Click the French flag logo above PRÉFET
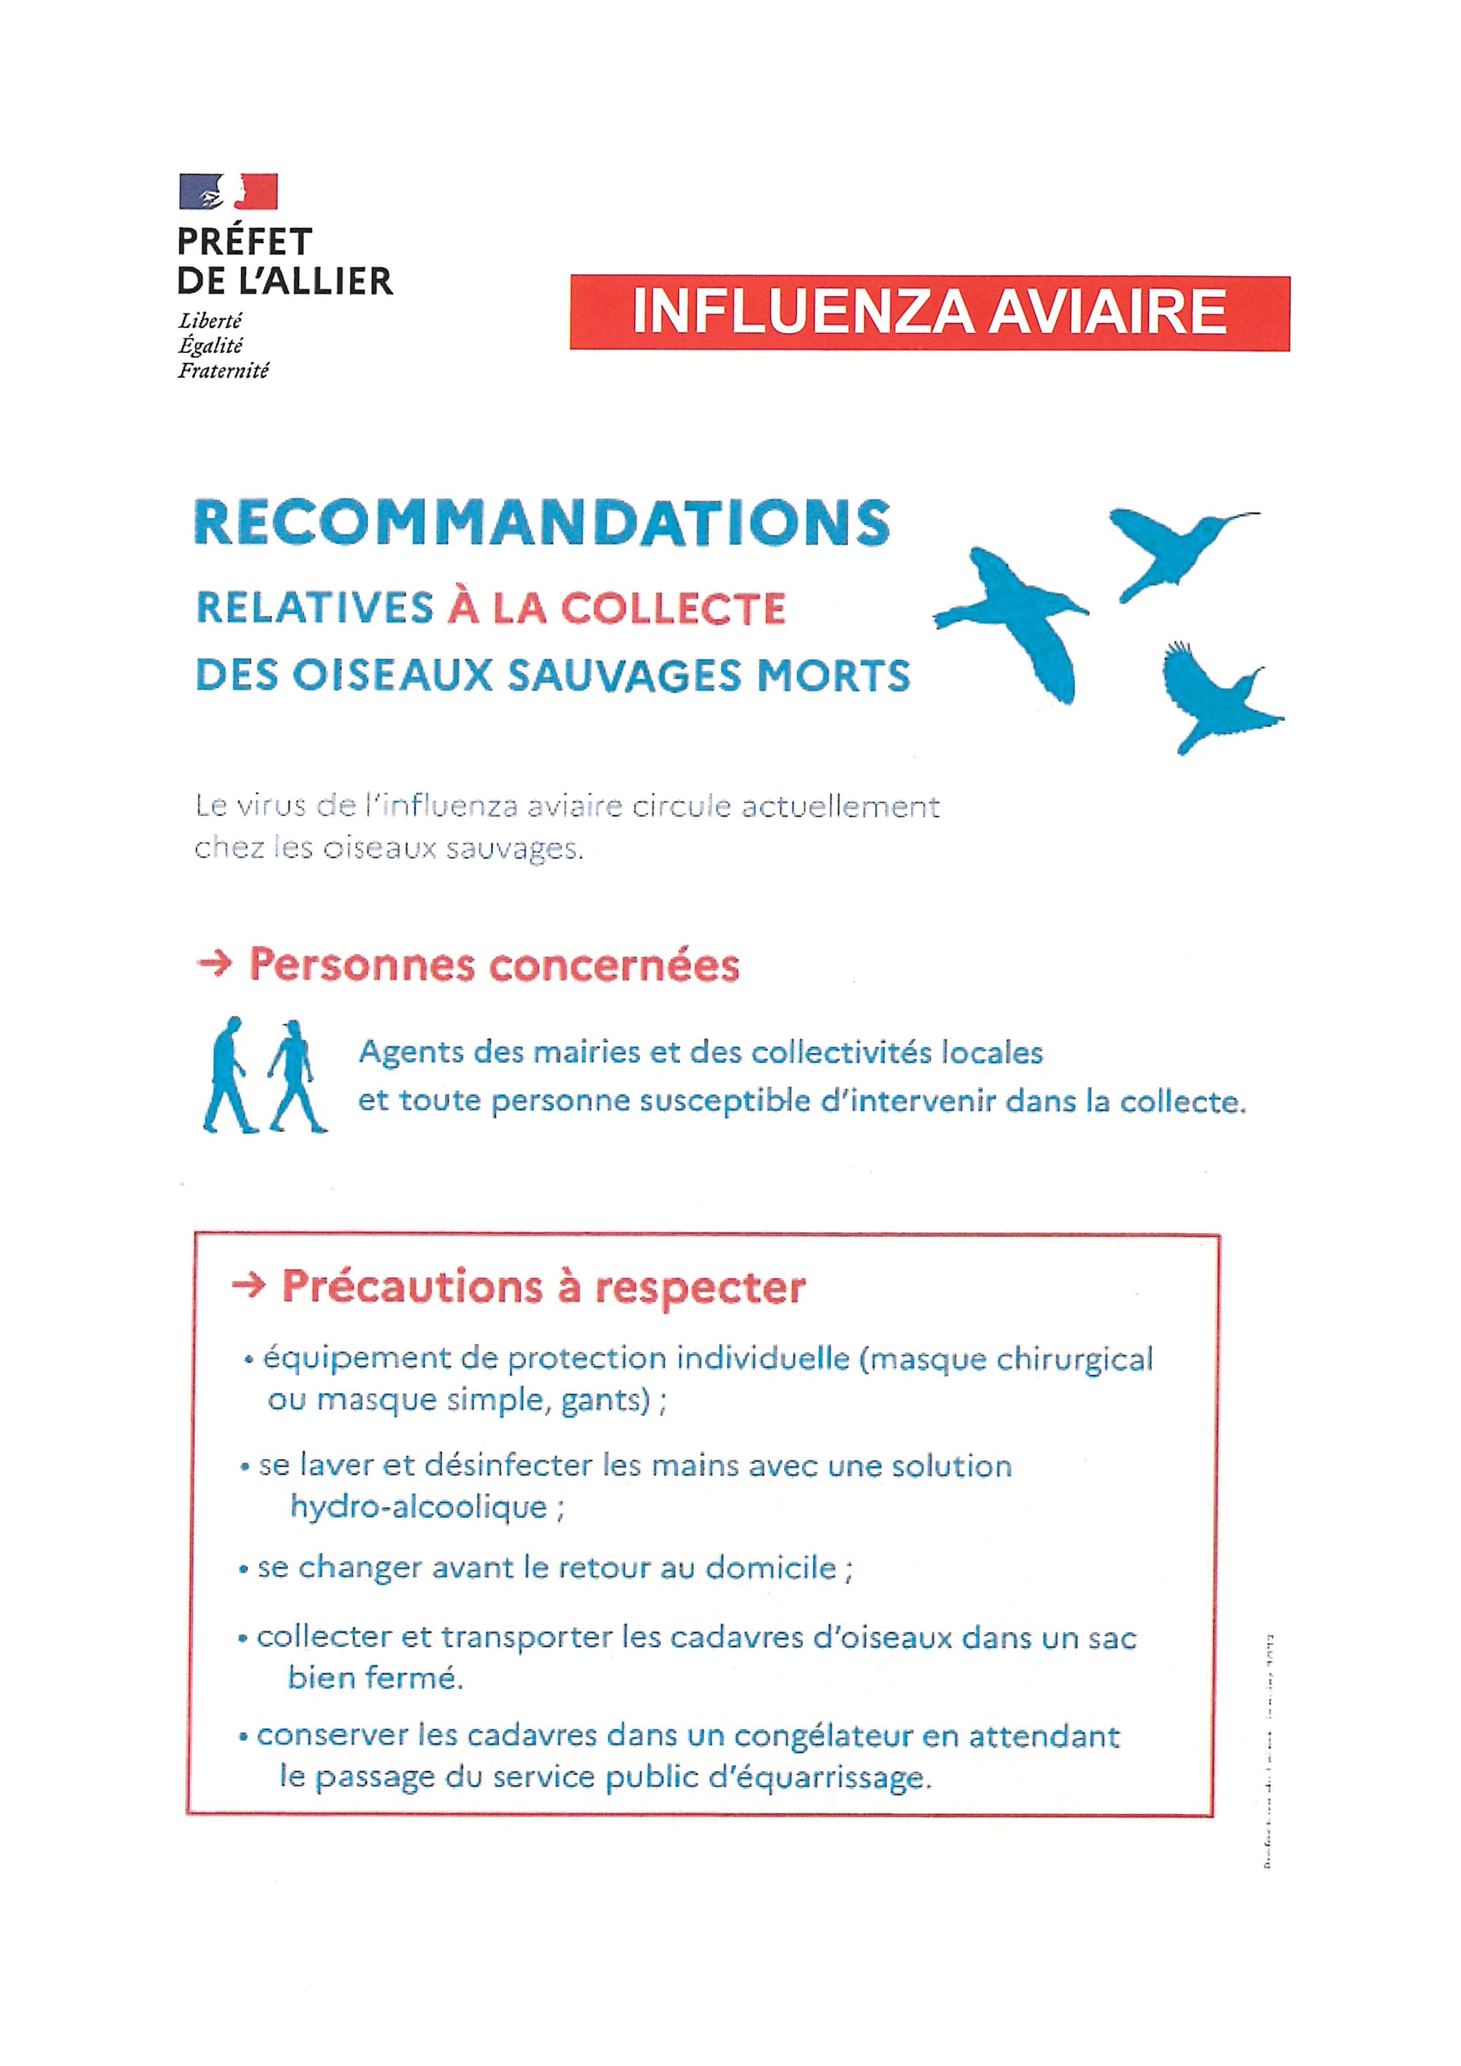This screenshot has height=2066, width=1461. [229, 191]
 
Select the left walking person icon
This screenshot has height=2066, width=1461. [229, 1075]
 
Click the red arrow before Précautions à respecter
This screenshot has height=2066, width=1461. [248, 1287]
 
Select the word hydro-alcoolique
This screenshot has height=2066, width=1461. [419, 1507]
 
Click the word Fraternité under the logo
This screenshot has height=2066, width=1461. [223, 370]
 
